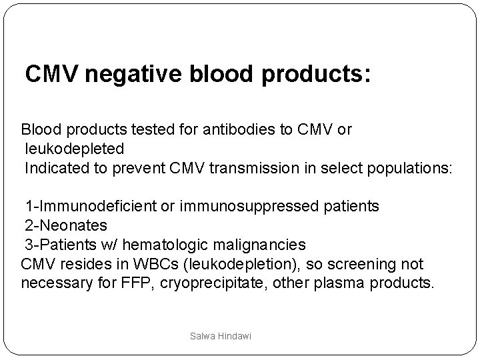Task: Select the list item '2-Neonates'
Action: coord(66,225)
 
